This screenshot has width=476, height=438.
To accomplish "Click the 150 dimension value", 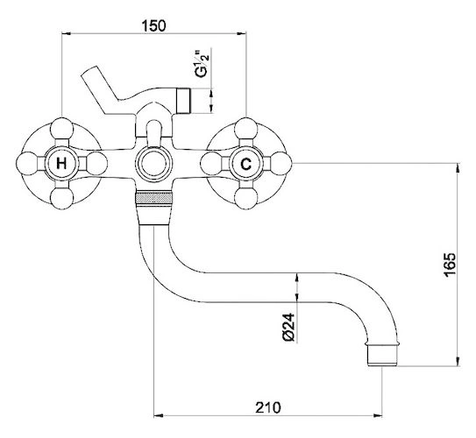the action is (x=154, y=25).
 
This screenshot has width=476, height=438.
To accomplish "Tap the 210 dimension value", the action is (x=268, y=407).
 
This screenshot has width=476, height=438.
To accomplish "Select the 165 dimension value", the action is (x=450, y=265).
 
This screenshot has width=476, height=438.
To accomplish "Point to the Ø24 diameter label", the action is (x=288, y=328).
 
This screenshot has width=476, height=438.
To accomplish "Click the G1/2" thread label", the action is (x=202, y=65).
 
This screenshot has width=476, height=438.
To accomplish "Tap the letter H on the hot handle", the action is (x=61, y=164).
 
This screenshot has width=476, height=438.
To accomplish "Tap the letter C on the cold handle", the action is (x=246, y=164).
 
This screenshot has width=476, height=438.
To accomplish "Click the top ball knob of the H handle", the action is (x=62, y=129).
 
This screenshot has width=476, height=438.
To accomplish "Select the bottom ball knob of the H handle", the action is (x=62, y=198).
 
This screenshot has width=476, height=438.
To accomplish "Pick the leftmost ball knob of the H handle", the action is (x=27, y=164).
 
